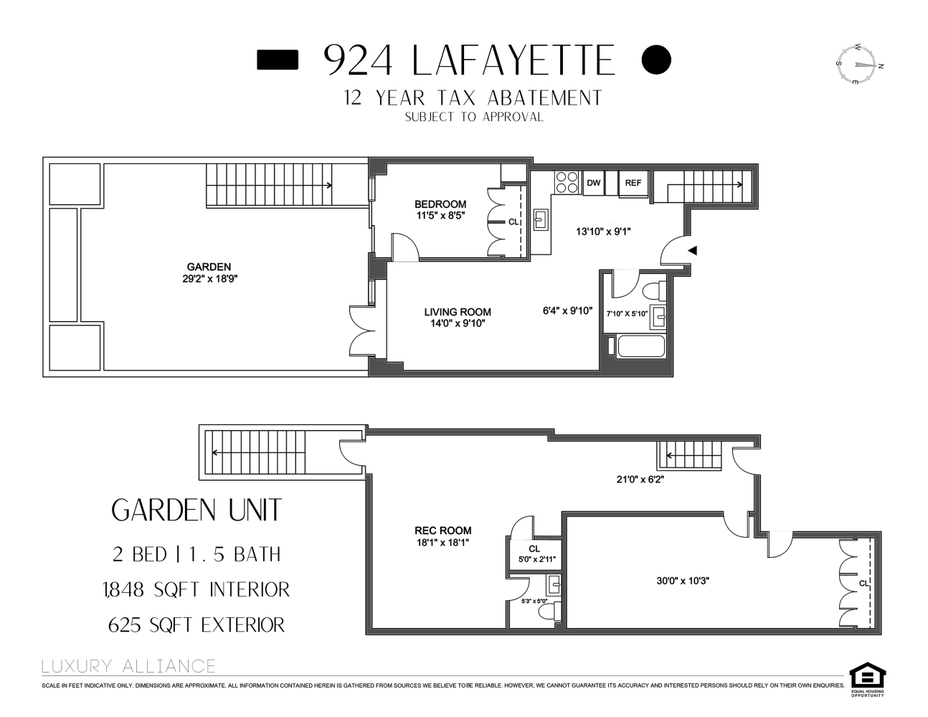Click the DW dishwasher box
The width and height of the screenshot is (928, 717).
[x=593, y=184]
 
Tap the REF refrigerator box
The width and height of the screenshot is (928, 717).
[x=633, y=184]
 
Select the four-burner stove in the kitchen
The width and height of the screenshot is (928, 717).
[x=567, y=183]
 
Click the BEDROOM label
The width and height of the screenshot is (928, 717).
[x=440, y=204]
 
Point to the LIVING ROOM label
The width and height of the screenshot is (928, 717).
[x=458, y=312]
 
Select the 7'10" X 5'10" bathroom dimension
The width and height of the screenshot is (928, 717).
[x=627, y=313]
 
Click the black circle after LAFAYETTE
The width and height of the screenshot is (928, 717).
[x=655, y=60]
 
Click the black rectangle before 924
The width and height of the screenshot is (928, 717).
[x=277, y=60]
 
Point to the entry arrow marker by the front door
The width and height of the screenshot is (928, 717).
[x=692, y=250]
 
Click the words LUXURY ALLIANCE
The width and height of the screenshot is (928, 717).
[x=128, y=666]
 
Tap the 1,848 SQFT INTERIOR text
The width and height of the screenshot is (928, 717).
[x=196, y=589]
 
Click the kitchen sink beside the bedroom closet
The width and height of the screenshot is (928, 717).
[x=541, y=219]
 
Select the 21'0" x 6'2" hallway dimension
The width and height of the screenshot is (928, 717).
[x=640, y=480]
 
